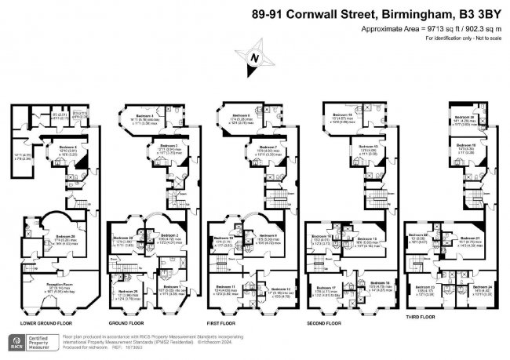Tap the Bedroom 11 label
click(226, 287)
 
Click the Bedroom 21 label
click(471, 238)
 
